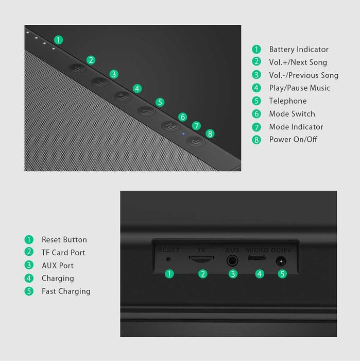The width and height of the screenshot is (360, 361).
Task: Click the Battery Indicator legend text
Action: point(298,50)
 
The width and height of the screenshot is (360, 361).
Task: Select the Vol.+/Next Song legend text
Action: point(298,62)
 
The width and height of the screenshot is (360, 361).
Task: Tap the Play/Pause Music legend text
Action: point(299,88)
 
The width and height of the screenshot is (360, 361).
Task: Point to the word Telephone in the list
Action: point(287,101)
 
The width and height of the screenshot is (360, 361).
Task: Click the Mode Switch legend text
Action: point(292,114)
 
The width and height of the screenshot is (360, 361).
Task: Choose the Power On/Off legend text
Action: point(293,140)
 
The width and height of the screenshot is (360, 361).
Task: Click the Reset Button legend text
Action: point(64,240)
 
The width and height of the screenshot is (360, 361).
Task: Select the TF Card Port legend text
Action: point(63,253)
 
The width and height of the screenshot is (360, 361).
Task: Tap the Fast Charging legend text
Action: point(66,291)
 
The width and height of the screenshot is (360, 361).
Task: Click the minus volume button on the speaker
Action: point(100,81)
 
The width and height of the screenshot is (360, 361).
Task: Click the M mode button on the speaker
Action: point(170,125)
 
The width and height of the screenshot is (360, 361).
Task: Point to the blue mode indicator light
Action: point(183,134)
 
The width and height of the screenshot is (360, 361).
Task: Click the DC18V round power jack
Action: point(281,261)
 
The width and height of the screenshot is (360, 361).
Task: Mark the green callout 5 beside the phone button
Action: point(160,102)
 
